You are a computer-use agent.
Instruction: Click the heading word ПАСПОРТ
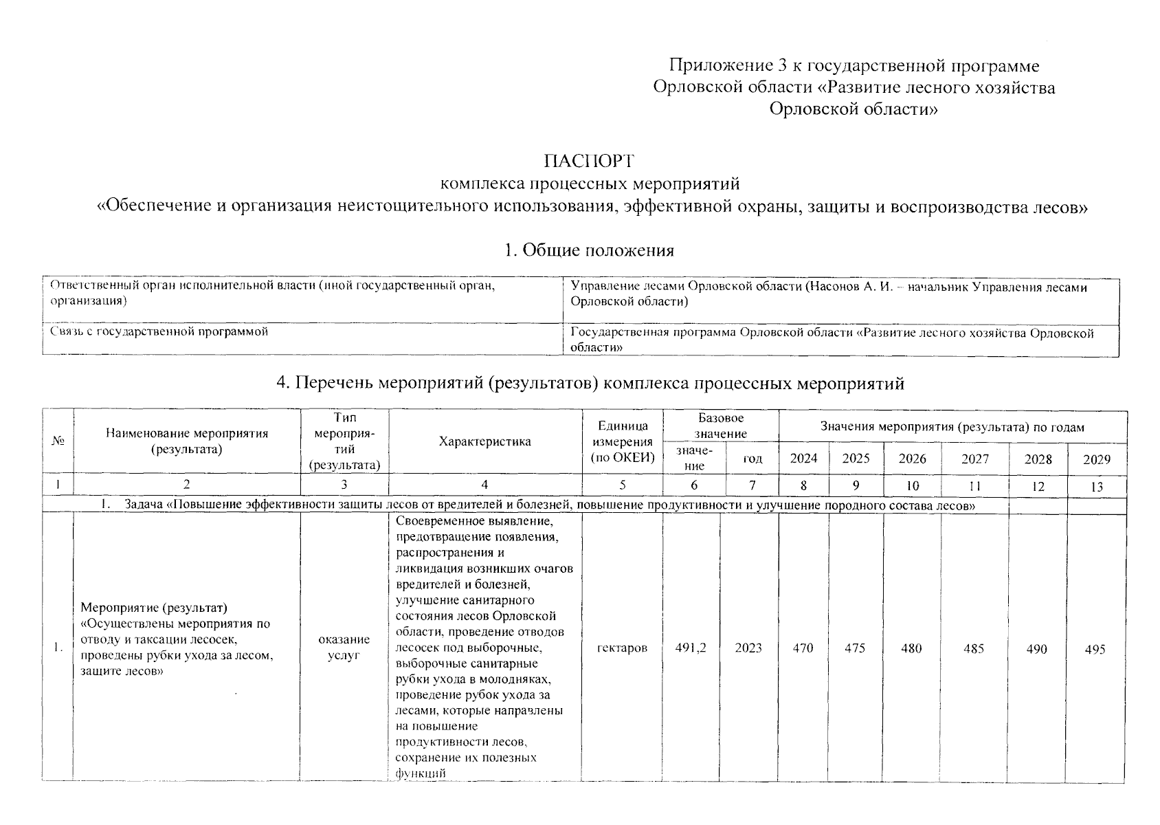pyautogui.click(x=589, y=161)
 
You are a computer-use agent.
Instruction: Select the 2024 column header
pyautogui.click(x=803, y=459)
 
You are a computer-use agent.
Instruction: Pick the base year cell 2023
pyautogui.click(x=748, y=648)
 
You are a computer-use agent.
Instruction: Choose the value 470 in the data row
pyautogui.click(x=803, y=648)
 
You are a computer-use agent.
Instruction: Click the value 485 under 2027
pyautogui.click(x=974, y=648)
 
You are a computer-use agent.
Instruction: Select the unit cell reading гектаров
pyautogui.click(x=622, y=648)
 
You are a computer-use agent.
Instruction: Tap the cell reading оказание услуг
pyautogui.click(x=344, y=648)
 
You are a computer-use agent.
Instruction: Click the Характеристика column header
pyautogui.click(x=484, y=441)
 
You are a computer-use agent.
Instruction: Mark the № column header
pyautogui.click(x=58, y=441)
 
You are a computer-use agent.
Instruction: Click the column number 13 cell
pyautogui.click(x=1097, y=487)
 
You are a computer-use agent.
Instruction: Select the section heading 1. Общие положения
pyautogui.click(x=589, y=250)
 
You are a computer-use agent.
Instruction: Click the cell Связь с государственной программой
pyautogui.click(x=159, y=331)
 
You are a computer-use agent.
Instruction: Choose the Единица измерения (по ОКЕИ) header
pyautogui.click(x=622, y=442)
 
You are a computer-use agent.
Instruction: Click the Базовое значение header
pyautogui.click(x=720, y=426)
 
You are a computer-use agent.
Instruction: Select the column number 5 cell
pyautogui.click(x=622, y=485)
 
